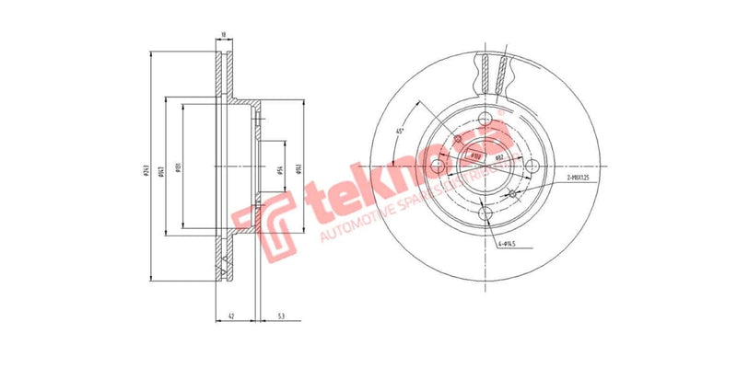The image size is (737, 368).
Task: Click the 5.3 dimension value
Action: tap(280, 316)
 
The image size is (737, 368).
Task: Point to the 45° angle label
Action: tap(399, 131)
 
